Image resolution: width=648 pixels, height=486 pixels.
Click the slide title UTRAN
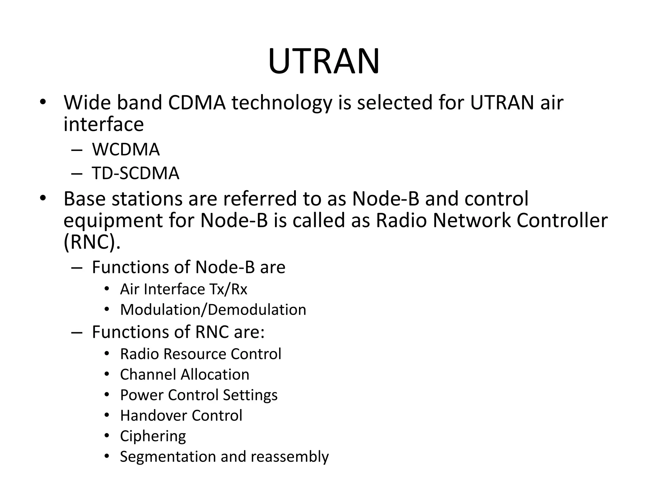(324, 61)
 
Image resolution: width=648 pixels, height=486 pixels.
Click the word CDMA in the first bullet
(197, 103)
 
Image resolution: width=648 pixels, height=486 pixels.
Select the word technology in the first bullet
(282, 103)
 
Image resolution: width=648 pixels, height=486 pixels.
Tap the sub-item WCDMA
(126, 149)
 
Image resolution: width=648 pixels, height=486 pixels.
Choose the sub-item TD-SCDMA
(135, 173)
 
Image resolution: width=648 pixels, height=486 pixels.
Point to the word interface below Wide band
(103, 124)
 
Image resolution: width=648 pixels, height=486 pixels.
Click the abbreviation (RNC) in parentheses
(92, 242)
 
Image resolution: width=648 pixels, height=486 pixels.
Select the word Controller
(562, 221)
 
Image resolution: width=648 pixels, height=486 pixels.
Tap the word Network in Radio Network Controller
(471, 221)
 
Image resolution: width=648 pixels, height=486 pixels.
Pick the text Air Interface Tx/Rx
(184, 289)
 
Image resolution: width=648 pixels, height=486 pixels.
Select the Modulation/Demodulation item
(213, 310)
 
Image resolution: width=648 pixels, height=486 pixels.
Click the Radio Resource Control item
(201, 354)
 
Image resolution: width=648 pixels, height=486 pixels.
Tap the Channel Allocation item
(184, 375)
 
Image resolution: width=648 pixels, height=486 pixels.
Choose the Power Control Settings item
(199, 395)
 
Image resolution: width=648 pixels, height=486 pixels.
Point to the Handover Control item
(181, 415)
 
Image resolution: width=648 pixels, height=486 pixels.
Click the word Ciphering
(153, 436)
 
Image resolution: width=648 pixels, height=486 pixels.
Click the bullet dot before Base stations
(43, 198)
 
